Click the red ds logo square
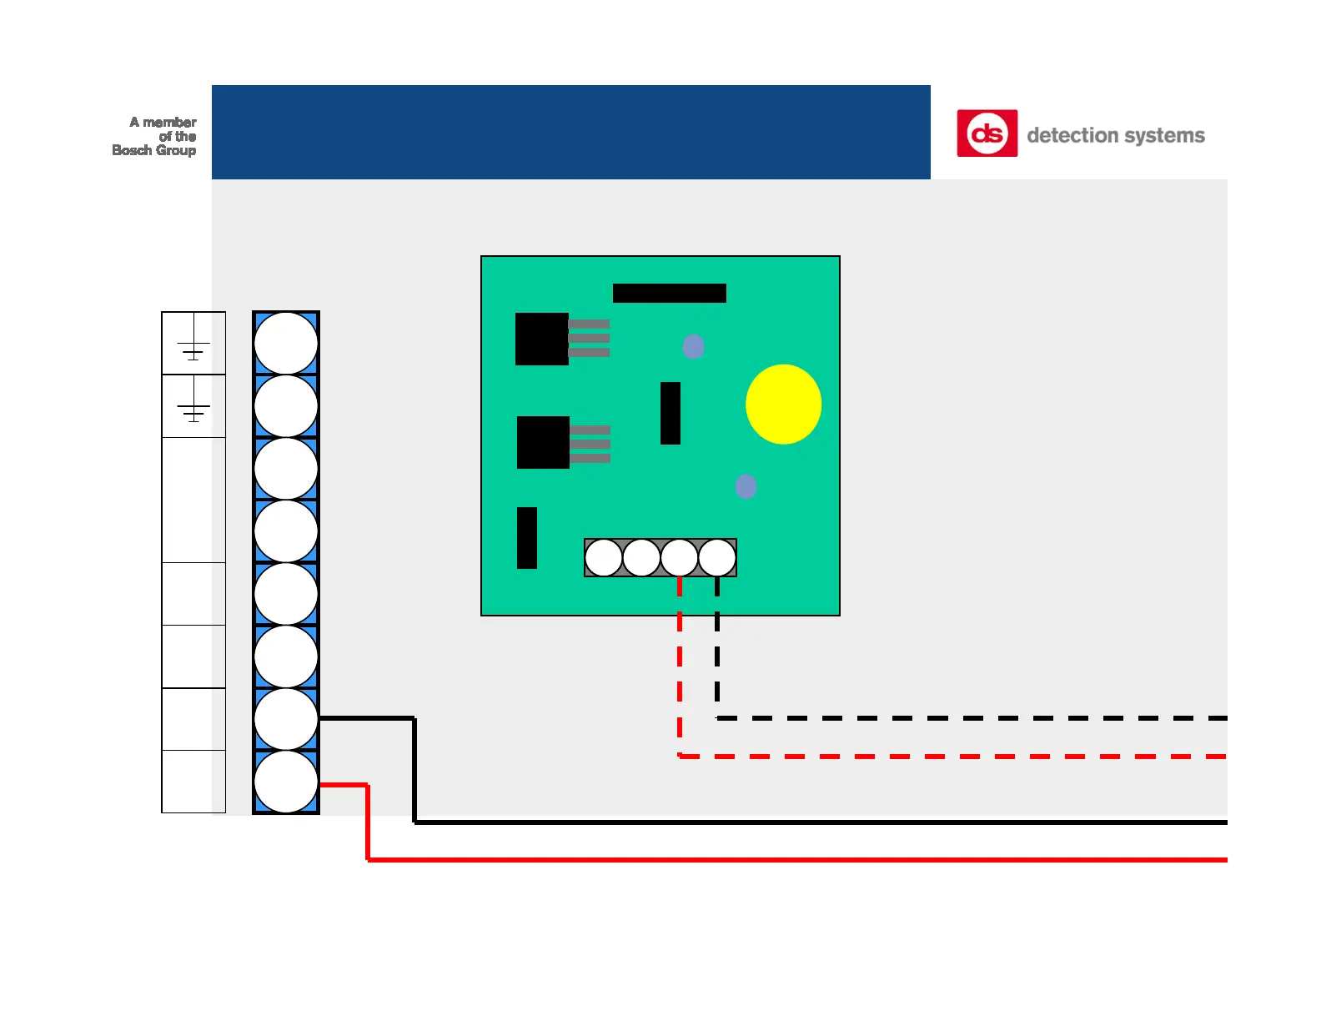[x=987, y=133]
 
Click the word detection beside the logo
[x=1083, y=135]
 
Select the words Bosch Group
[x=154, y=150]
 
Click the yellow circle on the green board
[x=783, y=405]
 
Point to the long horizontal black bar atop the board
[x=669, y=293]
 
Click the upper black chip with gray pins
[x=542, y=339]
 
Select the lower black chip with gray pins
[x=543, y=442]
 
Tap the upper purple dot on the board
[x=693, y=346]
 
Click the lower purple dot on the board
[x=746, y=486]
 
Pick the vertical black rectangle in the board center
[x=671, y=413]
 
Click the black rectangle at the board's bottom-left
[x=527, y=538]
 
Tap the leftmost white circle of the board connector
[x=603, y=558]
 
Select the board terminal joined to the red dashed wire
[x=680, y=558]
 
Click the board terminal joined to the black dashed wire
[x=717, y=558]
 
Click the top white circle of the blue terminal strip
[x=286, y=343]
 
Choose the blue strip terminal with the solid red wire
[x=286, y=782]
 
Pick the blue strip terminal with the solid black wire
[x=286, y=719]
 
